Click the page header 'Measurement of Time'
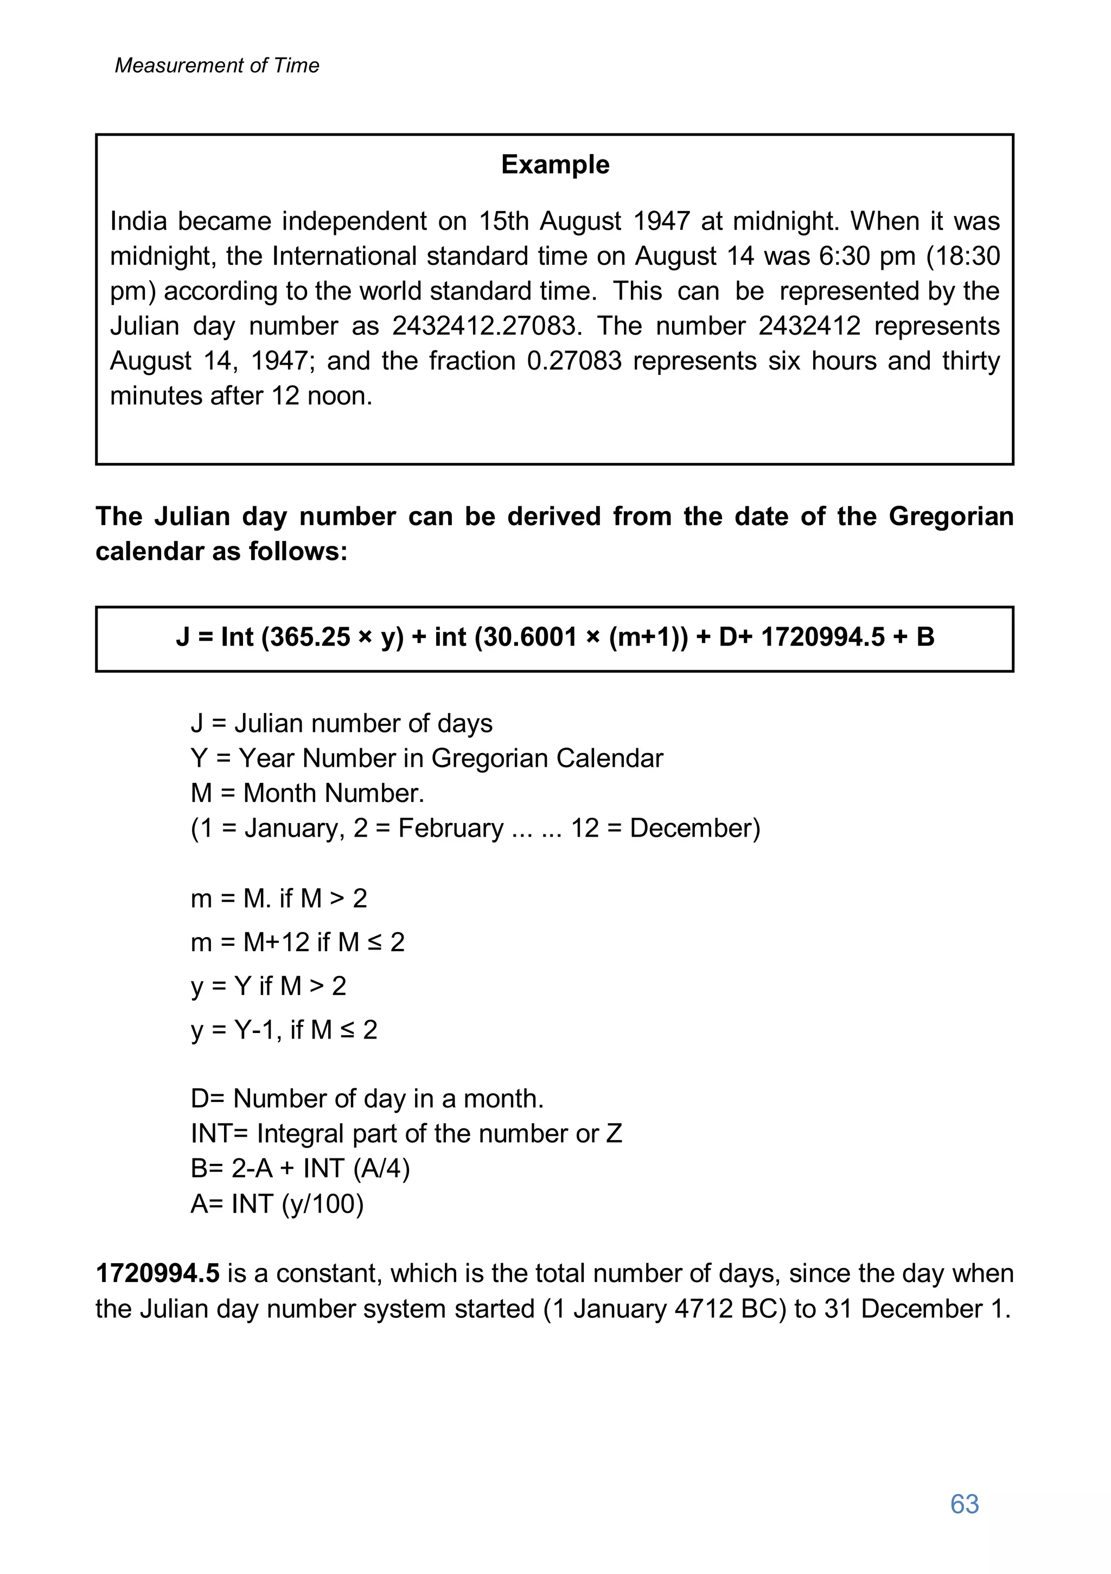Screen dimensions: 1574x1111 click(x=216, y=65)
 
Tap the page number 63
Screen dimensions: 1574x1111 click(x=965, y=1503)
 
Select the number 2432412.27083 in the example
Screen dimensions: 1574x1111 click(x=487, y=326)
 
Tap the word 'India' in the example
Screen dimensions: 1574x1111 click(x=138, y=221)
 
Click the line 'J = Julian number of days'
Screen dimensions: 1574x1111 click(x=341, y=723)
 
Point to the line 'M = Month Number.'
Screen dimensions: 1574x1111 click(x=308, y=793)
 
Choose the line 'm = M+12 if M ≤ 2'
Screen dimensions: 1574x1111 click(x=297, y=942)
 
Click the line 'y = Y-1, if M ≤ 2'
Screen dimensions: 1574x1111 click(x=284, y=1030)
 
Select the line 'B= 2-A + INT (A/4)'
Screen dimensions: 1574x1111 click(x=300, y=1168)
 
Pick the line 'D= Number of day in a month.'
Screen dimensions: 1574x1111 click(x=367, y=1098)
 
